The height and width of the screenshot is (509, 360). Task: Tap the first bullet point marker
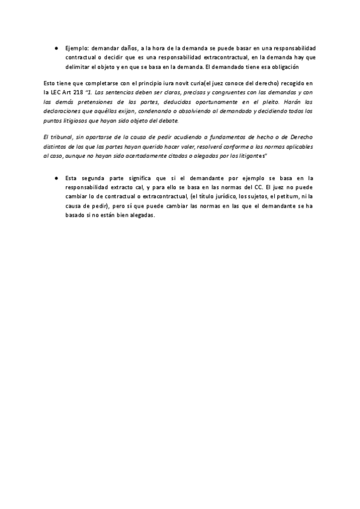tap(55, 47)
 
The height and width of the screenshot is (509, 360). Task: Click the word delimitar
tap(77, 67)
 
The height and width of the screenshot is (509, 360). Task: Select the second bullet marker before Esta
tap(55, 178)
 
